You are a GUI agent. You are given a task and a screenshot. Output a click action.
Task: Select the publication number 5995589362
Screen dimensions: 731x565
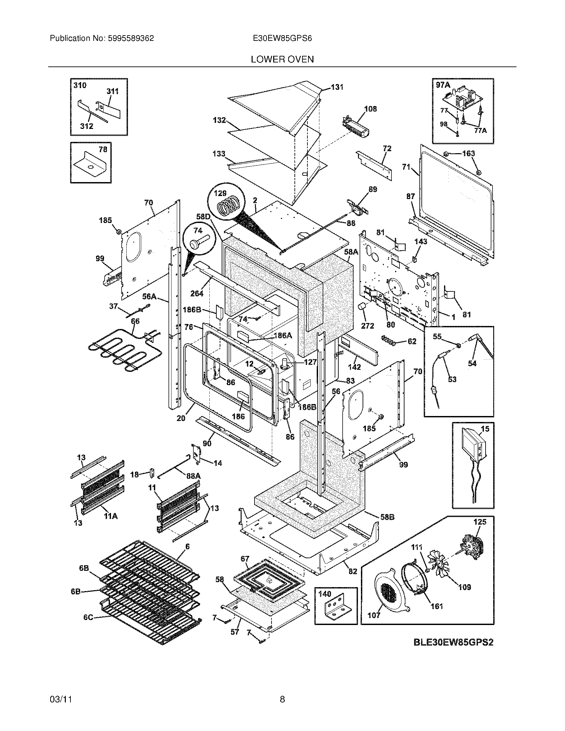pyautogui.click(x=131, y=38)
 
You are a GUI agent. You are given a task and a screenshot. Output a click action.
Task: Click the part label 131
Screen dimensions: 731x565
pyautogui.click(x=337, y=87)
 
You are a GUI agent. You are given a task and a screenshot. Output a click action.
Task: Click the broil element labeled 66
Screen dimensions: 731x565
pyautogui.click(x=117, y=350)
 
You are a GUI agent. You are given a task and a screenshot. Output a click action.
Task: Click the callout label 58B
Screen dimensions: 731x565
pyautogui.click(x=387, y=517)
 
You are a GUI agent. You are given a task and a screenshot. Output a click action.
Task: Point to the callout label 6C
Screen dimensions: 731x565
pyautogui.click(x=88, y=617)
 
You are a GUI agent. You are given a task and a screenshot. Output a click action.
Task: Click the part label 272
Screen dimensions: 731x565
pyautogui.click(x=367, y=325)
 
